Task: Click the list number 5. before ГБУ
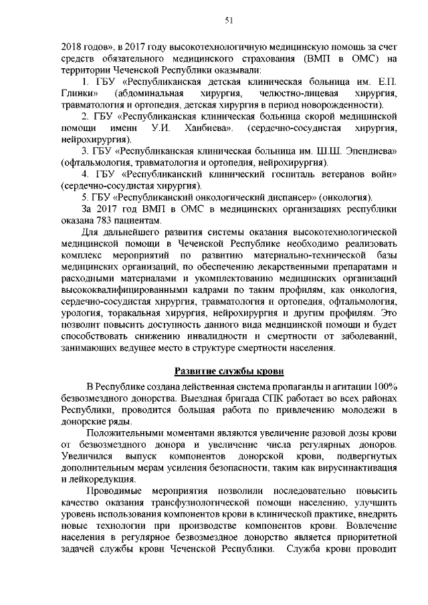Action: (86, 196)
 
